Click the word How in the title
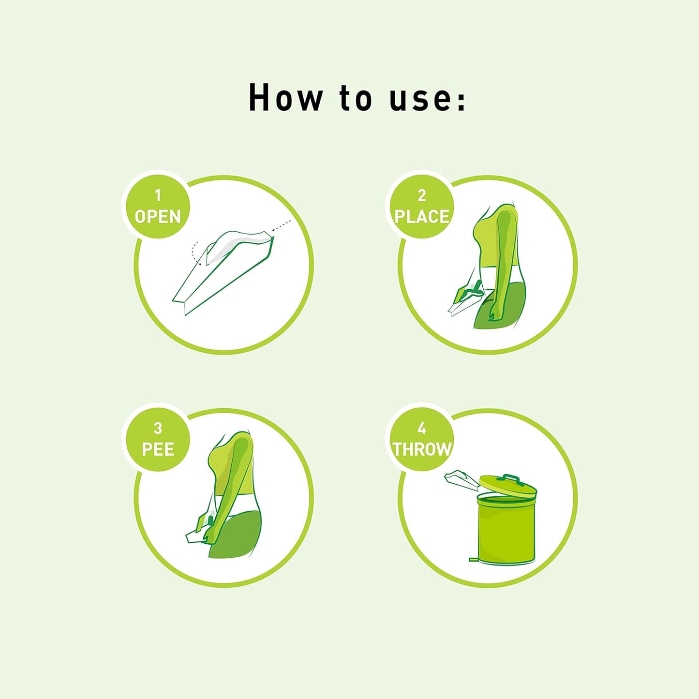tap(285, 98)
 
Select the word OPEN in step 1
tap(158, 217)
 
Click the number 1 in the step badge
tap(158, 195)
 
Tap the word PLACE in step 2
tap(422, 217)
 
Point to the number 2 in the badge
tap(422, 195)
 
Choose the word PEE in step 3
tap(158, 449)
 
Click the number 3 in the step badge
tap(158, 428)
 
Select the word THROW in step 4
tap(422, 449)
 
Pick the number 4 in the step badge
tap(422, 428)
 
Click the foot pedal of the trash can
tap(474, 560)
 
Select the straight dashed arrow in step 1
tap(282, 226)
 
